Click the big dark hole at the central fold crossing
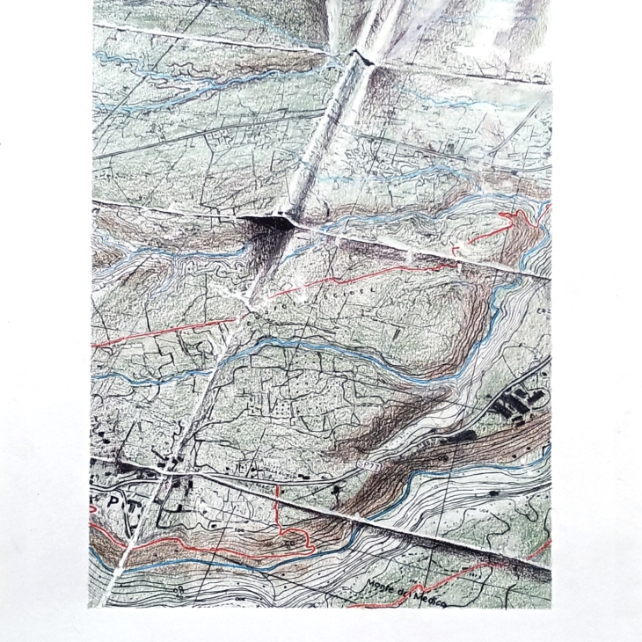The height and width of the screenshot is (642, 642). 265,231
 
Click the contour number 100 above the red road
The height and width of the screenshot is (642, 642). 238,534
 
